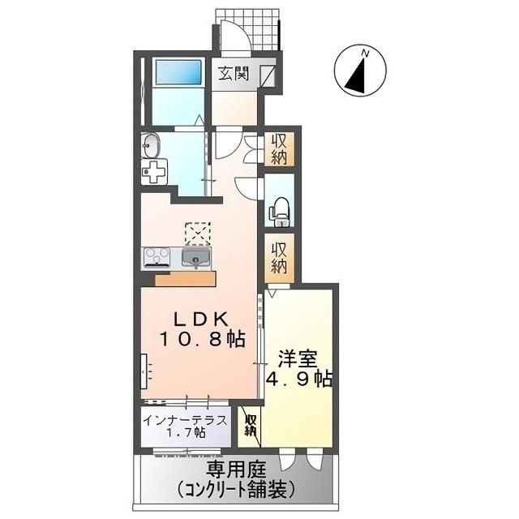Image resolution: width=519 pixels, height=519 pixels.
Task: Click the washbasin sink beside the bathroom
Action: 152,146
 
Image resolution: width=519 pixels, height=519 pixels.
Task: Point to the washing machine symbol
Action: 152,171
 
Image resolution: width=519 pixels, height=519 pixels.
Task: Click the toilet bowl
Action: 279,209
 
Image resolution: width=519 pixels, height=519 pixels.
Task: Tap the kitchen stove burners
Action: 157,257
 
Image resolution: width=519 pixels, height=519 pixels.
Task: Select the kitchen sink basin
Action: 195,259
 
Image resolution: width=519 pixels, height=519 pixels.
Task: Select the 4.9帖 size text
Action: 300,380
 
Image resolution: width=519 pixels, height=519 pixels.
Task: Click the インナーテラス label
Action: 187,420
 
